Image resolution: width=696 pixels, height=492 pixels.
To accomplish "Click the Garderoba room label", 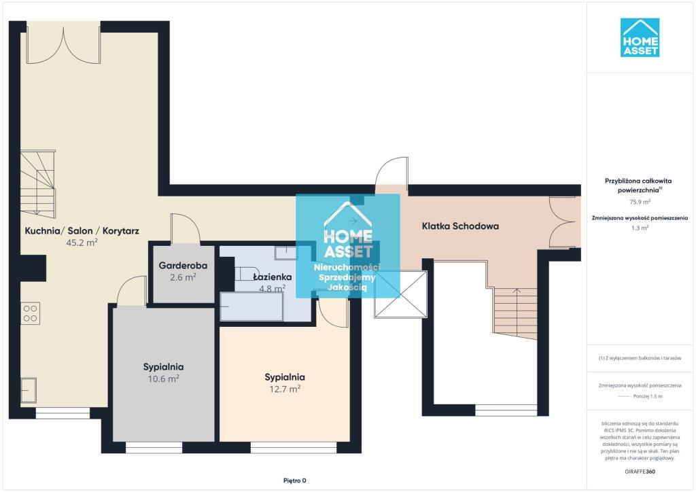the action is tap(183, 266).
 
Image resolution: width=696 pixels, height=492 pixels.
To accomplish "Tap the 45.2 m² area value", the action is tap(82, 242).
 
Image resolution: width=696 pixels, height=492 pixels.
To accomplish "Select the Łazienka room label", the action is tap(272, 277).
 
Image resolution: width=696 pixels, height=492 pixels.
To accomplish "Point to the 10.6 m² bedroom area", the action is tap(163, 379).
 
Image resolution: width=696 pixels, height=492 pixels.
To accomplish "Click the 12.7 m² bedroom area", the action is tap(285, 389).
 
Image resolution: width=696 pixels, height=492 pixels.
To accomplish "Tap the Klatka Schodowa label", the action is tap(460, 226).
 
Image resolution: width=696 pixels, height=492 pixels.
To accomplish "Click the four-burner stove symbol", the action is tap(30, 313).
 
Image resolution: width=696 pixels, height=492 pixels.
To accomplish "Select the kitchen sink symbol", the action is tap(29, 390).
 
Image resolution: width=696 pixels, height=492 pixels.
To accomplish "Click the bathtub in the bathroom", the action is tap(251, 306).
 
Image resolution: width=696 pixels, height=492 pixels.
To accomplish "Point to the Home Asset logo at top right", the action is tap(640, 37).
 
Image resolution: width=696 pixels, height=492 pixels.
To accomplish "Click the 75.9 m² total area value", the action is tap(640, 202).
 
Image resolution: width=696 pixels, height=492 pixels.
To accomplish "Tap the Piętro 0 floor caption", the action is tap(295, 480).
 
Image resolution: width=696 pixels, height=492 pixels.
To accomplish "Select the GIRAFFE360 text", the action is tap(640, 472).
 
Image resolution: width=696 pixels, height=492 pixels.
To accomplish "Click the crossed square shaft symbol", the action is tap(400, 294).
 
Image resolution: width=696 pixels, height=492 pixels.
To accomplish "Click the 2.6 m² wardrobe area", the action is tap(183, 277).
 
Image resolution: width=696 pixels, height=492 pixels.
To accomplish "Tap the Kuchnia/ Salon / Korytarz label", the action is tap(82, 230).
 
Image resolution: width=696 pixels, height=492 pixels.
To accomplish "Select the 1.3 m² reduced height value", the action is tap(640, 228).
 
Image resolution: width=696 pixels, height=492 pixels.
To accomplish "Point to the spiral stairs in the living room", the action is tap(38, 184).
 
